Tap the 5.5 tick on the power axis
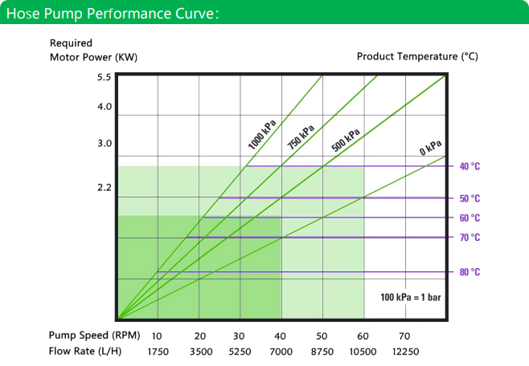(104, 77)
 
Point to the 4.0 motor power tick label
(105, 107)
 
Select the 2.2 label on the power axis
(105, 187)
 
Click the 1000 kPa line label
(262, 134)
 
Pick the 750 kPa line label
(301, 136)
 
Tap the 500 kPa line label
(346, 140)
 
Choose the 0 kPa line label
(430, 148)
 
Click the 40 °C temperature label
(470, 166)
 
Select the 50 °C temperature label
(470, 198)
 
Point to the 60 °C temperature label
(470, 218)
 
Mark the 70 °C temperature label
(470, 238)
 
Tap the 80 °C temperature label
(470, 272)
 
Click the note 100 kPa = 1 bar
(411, 297)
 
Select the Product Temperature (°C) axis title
(417, 56)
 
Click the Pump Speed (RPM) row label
(95, 335)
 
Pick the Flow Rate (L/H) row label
(85, 352)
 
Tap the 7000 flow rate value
(281, 352)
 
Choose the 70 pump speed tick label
(404, 336)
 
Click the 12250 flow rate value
(405, 352)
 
